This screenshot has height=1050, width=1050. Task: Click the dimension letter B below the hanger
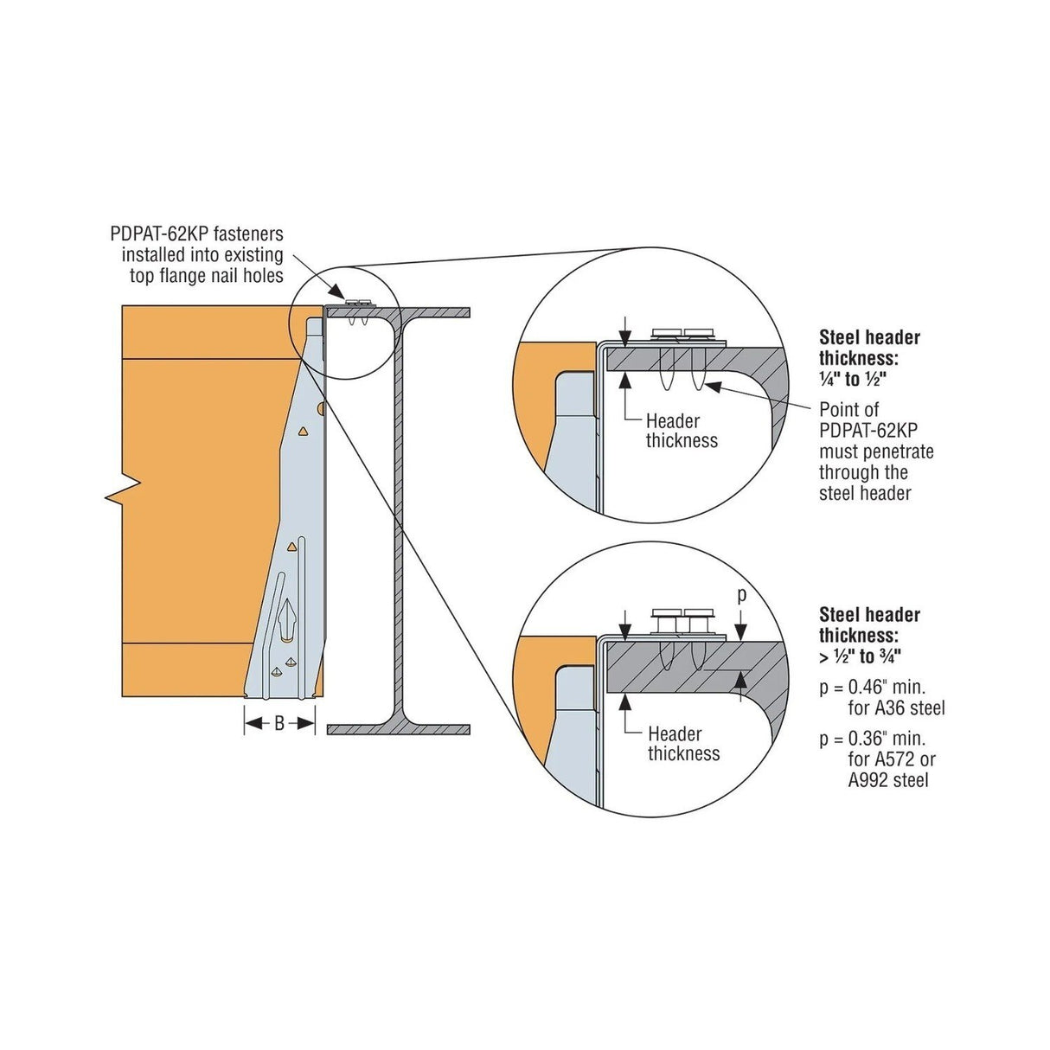point(279,725)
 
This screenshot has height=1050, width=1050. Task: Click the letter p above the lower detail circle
point(741,596)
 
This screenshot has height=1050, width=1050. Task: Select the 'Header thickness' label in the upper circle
point(682,431)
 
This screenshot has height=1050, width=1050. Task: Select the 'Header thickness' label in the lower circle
point(683,744)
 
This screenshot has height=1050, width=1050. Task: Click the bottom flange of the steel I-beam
point(400,729)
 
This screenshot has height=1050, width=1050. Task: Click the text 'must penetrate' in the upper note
point(875,451)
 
